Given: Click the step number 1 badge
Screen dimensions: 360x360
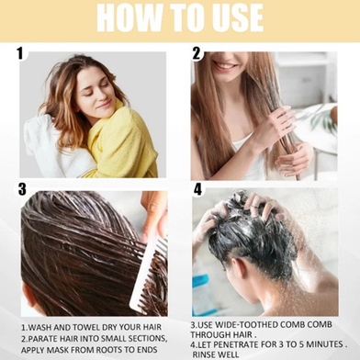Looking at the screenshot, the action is point(20,53).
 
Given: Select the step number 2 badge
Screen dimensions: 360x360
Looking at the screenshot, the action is point(197,53).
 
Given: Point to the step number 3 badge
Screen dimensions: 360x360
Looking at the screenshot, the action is point(22,189).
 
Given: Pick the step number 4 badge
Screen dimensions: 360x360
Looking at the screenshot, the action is point(198,189).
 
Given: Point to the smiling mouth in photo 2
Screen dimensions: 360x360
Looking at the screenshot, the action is point(224,65).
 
